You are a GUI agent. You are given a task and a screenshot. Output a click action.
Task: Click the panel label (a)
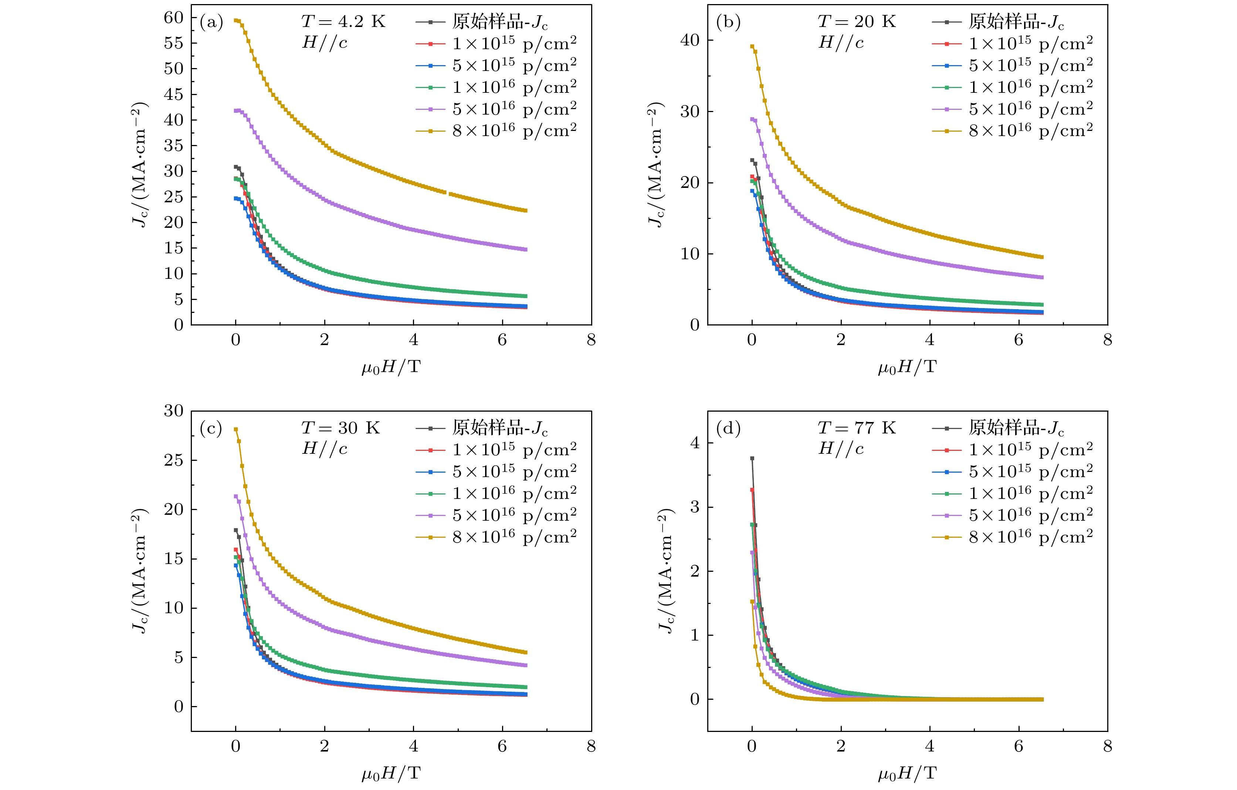coord(211,22)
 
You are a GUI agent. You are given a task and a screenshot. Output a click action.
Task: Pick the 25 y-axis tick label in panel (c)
coord(174,460)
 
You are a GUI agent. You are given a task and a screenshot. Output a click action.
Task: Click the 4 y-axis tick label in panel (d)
coord(695,443)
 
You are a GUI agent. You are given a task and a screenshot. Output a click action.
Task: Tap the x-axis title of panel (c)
coord(391,773)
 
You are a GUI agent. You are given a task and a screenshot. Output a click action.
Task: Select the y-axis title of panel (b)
coord(655,165)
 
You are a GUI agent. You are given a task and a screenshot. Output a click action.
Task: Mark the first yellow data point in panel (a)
coord(236,21)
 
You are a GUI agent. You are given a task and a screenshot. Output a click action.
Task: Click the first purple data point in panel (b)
coord(752,119)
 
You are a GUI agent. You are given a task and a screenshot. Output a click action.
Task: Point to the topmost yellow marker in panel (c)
coord(236,429)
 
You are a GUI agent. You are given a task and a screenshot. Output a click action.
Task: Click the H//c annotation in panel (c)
coord(325,449)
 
